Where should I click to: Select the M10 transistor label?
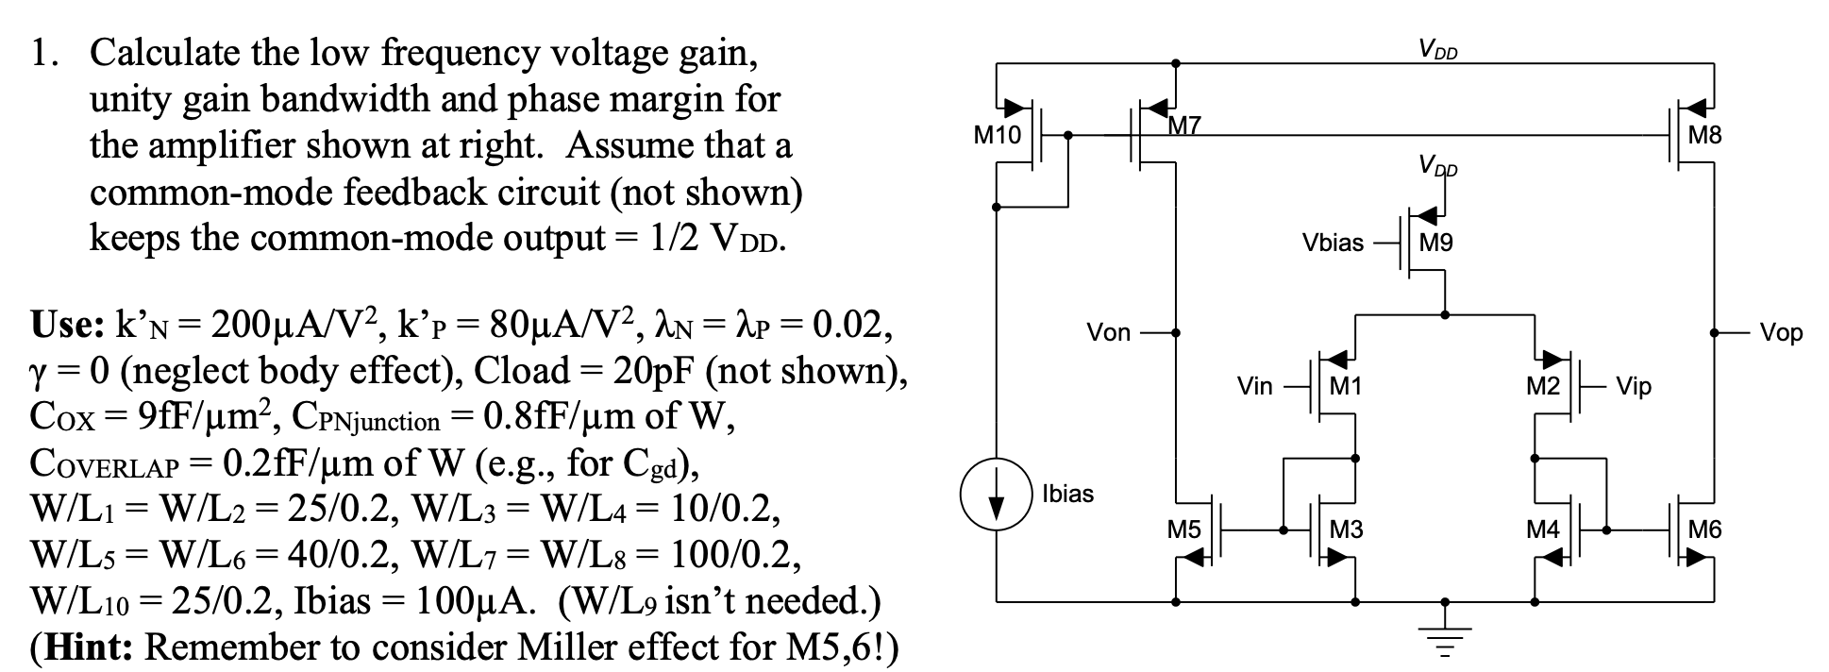tap(997, 136)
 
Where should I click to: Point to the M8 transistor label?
tap(1704, 136)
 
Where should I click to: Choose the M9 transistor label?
tap(1435, 244)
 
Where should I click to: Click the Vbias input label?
tap(1333, 244)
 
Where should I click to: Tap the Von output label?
tap(1108, 332)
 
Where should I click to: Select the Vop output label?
tap(1781, 332)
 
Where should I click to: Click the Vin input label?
tap(1254, 386)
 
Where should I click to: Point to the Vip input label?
tap(1634, 386)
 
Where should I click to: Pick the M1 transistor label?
tap(1346, 386)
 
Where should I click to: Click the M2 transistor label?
tap(1542, 386)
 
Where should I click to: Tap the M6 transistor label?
tap(1704, 530)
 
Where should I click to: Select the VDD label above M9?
tap(1437, 169)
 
